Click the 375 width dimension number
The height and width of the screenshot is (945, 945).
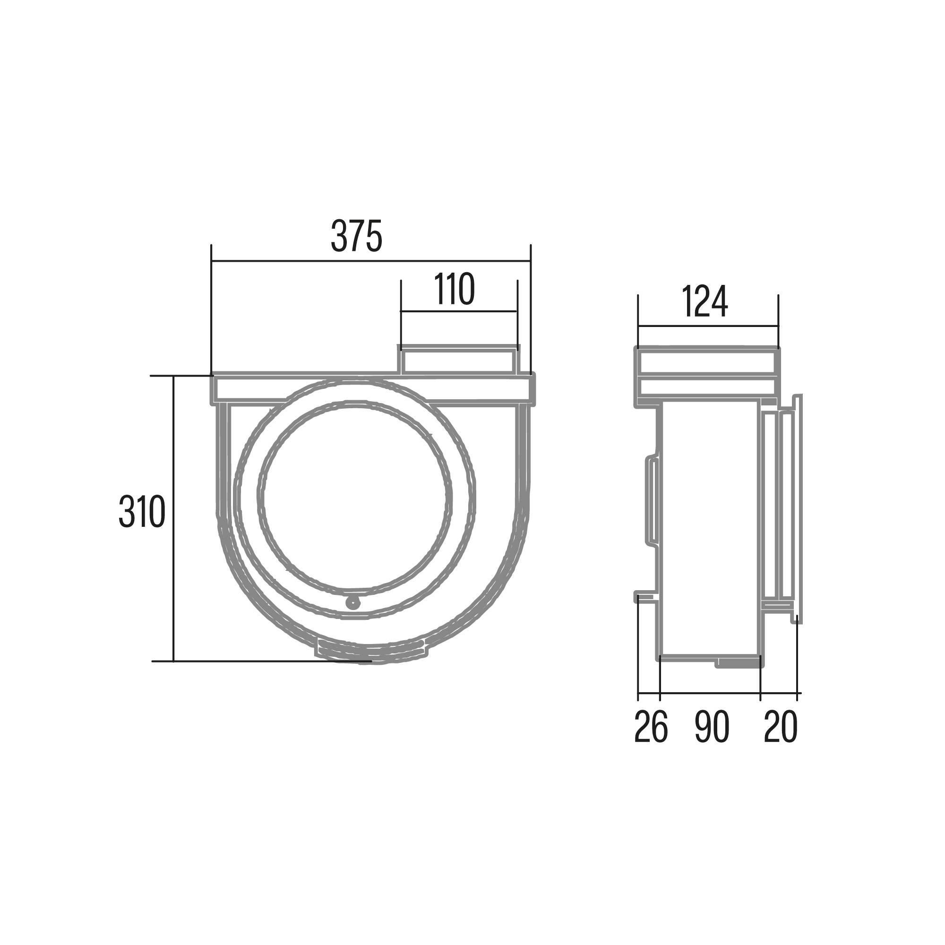tap(357, 236)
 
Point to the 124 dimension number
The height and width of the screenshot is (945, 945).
tap(704, 301)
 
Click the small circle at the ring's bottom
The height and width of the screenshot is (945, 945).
tap(352, 602)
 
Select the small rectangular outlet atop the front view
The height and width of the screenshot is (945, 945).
tap(459, 360)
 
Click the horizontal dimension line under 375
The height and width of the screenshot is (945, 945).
tap(371, 261)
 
